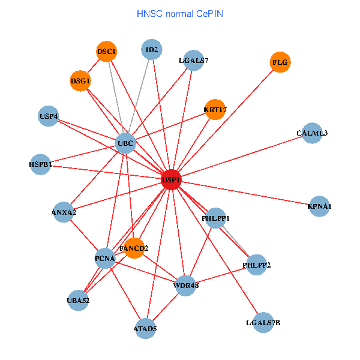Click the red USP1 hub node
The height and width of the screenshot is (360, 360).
(x=171, y=179)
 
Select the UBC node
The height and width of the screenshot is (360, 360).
(x=125, y=143)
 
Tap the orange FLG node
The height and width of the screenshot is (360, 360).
(x=280, y=62)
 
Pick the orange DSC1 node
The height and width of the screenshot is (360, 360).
(x=106, y=52)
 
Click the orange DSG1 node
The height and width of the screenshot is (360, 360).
(x=80, y=80)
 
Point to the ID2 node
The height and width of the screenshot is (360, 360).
(x=152, y=50)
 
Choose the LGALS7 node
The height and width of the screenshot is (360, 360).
(x=193, y=61)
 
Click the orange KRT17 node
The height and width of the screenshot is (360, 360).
(x=215, y=110)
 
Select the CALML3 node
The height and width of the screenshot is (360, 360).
(x=312, y=133)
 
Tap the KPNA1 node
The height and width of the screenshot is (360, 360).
(x=319, y=206)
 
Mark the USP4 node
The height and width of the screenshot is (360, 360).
(x=49, y=116)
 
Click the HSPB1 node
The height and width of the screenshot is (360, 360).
(x=41, y=164)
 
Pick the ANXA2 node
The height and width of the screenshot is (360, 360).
(x=64, y=212)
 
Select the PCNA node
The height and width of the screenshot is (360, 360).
(x=105, y=259)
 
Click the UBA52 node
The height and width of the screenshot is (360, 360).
(x=79, y=300)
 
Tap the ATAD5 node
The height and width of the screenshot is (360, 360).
(x=145, y=328)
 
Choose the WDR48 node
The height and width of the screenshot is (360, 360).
(x=186, y=285)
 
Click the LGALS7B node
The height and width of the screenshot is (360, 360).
(x=263, y=323)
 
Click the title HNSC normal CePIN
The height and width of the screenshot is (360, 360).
(x=180, y=13)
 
